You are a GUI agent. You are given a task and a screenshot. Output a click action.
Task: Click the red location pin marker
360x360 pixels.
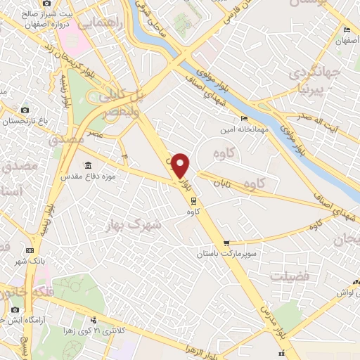point(181,165)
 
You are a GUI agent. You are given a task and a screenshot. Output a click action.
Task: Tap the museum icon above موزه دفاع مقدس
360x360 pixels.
point(88,166)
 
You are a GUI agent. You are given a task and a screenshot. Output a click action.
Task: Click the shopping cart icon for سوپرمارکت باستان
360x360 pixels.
point(226,244)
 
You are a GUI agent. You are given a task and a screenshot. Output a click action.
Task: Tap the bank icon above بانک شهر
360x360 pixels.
point(30,250)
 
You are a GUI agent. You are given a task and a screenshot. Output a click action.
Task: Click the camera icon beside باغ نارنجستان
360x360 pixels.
point(25,110)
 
